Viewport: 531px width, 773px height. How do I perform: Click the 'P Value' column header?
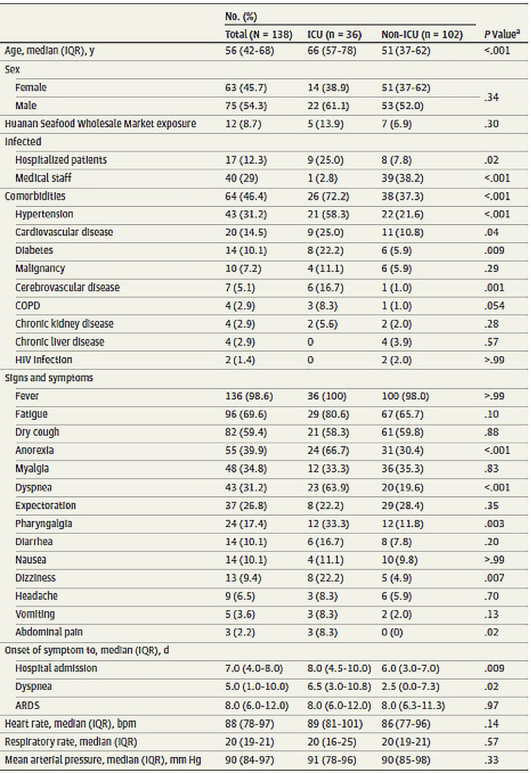point(502,35)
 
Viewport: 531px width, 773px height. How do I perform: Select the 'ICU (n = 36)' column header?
point(334,35)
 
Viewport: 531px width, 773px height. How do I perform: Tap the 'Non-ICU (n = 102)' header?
point(422,35)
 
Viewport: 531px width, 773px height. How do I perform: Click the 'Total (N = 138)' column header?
point(258,35)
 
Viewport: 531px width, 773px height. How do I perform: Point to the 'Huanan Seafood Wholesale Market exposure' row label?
point(100,123)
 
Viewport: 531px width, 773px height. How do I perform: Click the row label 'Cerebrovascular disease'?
point(67,288)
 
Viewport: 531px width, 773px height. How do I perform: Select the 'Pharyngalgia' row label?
point(43,524)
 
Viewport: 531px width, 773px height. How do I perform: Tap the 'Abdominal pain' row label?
point(49,632)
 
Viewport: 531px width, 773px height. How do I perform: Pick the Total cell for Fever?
point(249,396)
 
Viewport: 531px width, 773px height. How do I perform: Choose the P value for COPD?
point(494,306)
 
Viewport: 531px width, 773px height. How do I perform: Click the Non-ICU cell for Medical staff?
point(402,178)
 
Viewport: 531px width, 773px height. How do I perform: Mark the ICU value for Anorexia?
point(328,451)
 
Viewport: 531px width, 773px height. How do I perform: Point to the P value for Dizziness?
point(494,577)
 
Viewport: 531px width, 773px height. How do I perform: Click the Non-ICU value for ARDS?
point(413,706)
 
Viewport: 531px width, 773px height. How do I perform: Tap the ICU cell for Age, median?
point(332,51)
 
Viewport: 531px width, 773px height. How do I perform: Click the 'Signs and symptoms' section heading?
point(49,378)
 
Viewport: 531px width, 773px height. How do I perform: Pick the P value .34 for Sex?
point(491,97)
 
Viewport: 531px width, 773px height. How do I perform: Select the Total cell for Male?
point(245,106)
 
